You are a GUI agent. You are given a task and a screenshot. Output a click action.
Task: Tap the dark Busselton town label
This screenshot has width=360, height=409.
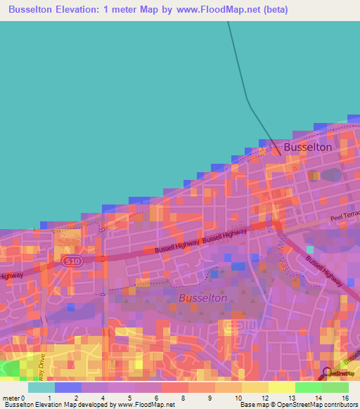coord(307,148)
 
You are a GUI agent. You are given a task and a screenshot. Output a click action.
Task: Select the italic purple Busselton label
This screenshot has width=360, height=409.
coord(202,298)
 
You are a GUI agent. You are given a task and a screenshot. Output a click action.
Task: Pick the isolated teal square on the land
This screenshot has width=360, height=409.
coord(309,249)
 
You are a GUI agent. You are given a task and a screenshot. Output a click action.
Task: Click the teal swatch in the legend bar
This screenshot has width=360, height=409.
coord(41,387)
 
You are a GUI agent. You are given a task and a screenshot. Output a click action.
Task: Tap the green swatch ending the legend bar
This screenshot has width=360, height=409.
coord(335,387)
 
